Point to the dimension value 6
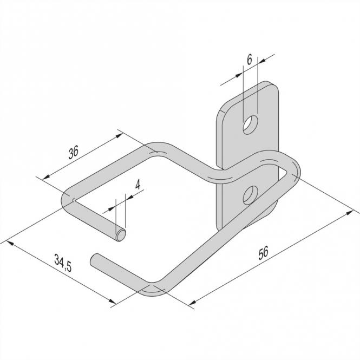[249, 60]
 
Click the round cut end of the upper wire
[123, 234]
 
